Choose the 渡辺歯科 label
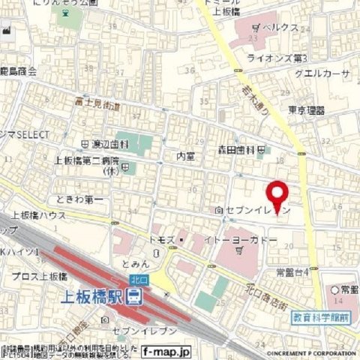click(106, 143)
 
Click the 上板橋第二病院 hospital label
click(85, 160)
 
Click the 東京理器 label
click(307, 110)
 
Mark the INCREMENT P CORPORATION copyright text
click(304, 350)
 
